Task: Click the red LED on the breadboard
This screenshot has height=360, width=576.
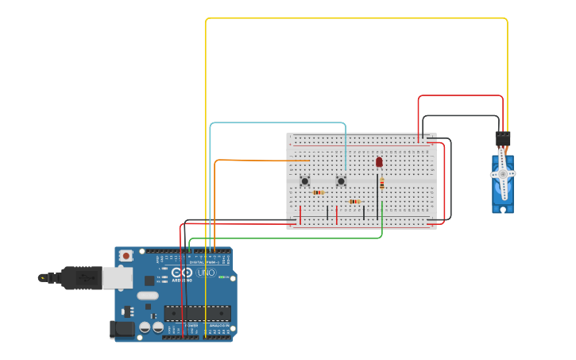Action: [x=379, y=161]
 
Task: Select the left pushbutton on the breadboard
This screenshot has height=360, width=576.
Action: [x=304, y=181]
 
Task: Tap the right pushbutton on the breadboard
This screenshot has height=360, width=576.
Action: [x=341, y=181]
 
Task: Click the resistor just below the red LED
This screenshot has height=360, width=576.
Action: [x=381, y=184]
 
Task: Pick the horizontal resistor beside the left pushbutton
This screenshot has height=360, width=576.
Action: [x=318, y=192]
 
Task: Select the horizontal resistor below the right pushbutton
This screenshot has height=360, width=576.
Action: [x=354, y=202]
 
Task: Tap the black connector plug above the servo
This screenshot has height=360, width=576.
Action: [x=502, y=138]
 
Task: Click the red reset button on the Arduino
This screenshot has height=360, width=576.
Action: [x=126, y=256]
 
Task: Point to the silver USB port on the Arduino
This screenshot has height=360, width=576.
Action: [x=117, y=277]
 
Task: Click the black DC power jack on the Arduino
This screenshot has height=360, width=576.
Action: [x=121, y=330]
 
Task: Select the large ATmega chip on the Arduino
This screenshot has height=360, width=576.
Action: [x=197, y=313]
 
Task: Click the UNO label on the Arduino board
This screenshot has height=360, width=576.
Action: [x=206, y=273]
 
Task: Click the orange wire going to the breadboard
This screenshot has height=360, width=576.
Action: [x=262, y=161]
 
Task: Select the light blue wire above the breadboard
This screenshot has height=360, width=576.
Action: [x=278, y=123]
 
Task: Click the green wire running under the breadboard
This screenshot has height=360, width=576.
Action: [x=286, y=238]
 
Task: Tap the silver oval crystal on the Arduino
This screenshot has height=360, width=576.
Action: [x=148, y=296]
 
